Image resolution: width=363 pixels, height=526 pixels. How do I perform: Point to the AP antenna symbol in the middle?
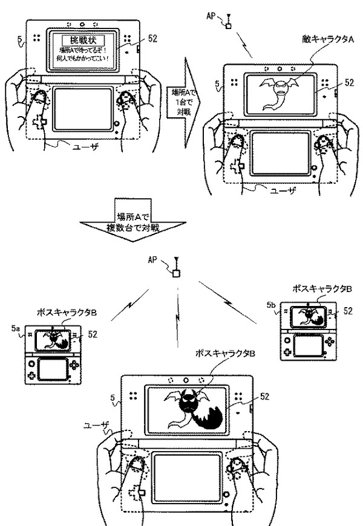click(x=176, y=270)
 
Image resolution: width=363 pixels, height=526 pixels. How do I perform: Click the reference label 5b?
click(x=272, y=306)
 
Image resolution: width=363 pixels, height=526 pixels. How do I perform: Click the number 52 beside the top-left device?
click(x=152, y=38)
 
